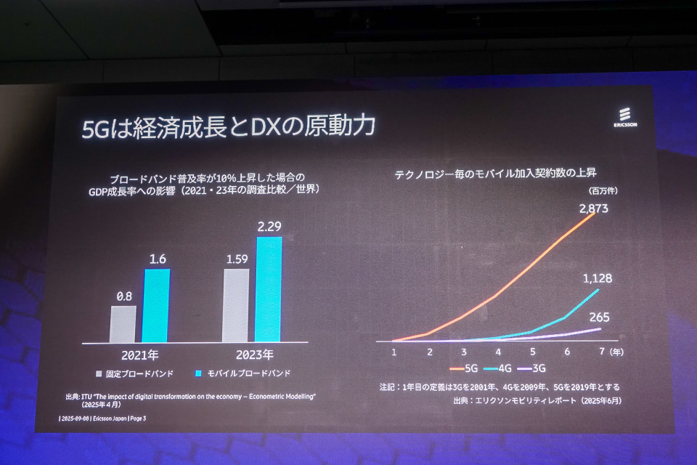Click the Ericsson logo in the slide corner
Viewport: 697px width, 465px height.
(624, 118)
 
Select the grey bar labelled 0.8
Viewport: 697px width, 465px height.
(123, 323)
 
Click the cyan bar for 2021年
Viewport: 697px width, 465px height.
(155, 305)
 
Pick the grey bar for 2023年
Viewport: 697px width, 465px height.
(236, 305)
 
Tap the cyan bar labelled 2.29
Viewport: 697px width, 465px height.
(268, 288)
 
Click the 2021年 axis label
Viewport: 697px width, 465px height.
(139, 355)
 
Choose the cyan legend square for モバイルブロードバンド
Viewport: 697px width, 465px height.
(198, 373)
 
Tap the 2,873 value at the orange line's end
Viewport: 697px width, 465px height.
(593, 209)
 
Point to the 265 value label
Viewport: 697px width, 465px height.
(598, 317)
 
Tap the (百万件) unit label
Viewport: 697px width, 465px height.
(600, 190)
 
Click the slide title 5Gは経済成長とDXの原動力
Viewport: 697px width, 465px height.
(228, 126)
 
